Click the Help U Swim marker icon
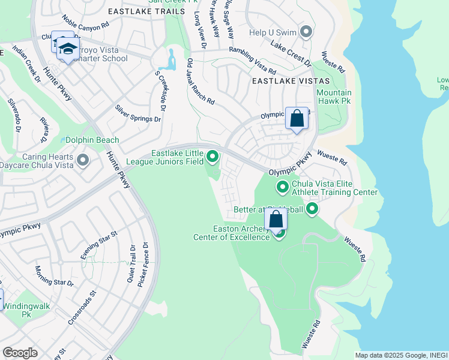tap(307, 31)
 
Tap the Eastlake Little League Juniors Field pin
tap(212, 157)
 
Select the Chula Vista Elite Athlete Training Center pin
tap(283, 188)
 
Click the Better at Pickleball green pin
tap(312, 209)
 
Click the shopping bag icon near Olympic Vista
tap(297, 118)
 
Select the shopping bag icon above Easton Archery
tap(276, 220)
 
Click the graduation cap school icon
tap(68, 49)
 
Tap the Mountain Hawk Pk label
tap(334, 97)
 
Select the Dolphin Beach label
tap(92, 140)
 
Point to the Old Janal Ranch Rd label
tap(200, 82)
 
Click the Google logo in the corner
tap(20, 353)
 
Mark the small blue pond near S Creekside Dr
tap(172, 60)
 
